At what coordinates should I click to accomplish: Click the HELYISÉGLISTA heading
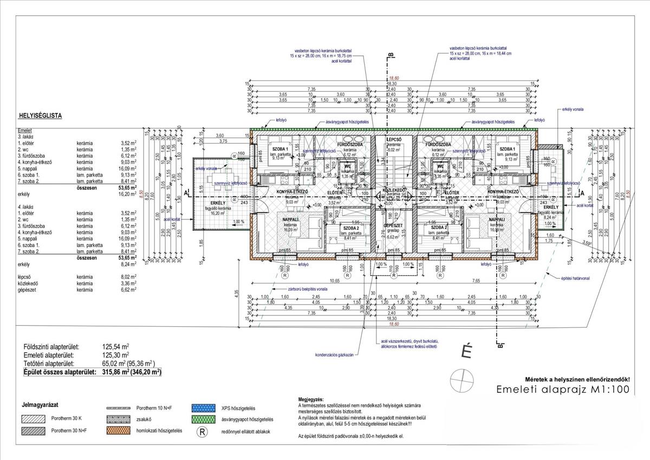(x=41, y=115)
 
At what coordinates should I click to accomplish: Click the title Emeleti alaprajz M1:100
(x=563, y=390)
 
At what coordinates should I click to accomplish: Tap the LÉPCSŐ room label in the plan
(x=393, y=139)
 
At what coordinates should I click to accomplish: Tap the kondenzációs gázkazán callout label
(x=334, y=355)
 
